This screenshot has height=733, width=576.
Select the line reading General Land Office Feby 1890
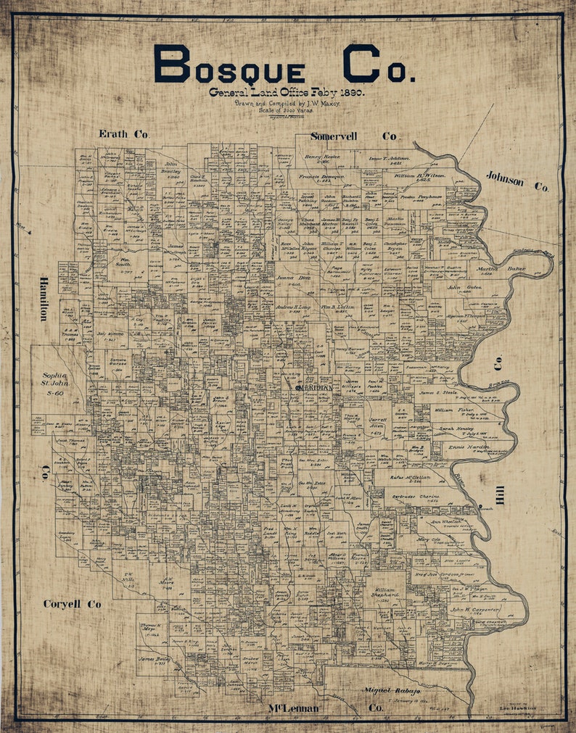[x=287, y=93]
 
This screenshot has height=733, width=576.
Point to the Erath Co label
[x=123, y=134]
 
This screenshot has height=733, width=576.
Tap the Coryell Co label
[x=72, y=603]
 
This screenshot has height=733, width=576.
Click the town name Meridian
[x=315, y=388]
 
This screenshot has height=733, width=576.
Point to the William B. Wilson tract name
[x=420, y=175]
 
